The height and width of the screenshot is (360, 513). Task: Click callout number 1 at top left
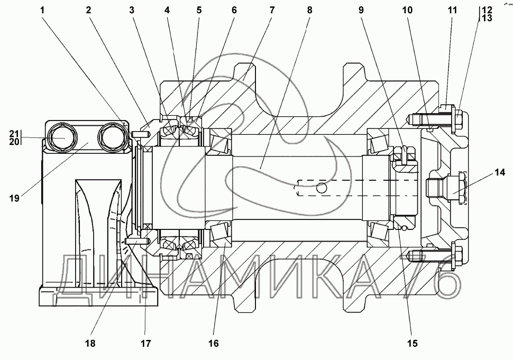42,10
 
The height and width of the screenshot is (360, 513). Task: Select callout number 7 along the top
271,10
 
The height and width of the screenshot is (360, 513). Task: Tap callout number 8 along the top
309,10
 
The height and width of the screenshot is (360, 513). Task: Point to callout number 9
361,10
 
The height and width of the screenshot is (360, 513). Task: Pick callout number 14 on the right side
500,172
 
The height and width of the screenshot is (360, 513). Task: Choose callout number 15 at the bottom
413,343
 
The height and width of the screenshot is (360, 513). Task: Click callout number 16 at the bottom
213,343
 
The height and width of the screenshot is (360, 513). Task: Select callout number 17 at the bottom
146,343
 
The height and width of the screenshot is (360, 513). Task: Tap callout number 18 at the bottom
90,343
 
